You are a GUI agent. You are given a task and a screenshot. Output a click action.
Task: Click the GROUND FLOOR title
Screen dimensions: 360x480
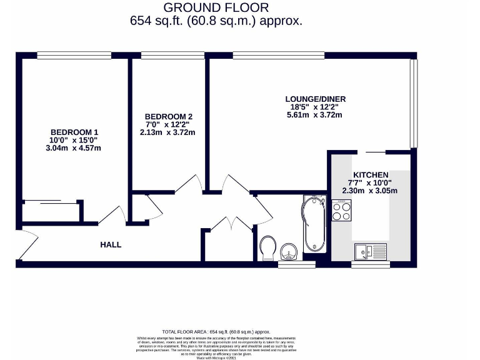coord(216,7)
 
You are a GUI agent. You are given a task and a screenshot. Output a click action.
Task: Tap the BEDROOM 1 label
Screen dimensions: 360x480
coord(74,132)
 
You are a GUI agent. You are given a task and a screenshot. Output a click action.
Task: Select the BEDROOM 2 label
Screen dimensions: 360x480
coord(168,116)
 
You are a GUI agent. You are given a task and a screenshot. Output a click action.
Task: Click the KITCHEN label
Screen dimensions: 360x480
coord(371,174)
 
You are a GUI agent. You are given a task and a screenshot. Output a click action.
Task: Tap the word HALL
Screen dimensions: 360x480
coord(111,244)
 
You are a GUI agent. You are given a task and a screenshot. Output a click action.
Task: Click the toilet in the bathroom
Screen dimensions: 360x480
coord(267,247)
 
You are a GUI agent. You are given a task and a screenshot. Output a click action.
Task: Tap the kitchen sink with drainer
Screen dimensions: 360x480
coord(370,251)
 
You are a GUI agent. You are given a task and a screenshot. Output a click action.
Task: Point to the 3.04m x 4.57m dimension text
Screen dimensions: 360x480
coord(74,148)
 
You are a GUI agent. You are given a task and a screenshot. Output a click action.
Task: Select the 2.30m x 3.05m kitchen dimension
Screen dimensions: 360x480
coord(370,191)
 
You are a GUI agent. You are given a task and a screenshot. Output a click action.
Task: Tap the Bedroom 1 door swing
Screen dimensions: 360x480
coord(111,214)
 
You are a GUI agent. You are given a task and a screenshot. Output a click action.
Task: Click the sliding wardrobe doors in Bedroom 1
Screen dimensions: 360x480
coord(51,201)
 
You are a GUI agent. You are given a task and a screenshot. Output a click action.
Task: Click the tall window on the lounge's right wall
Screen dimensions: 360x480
coord(412,103)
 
